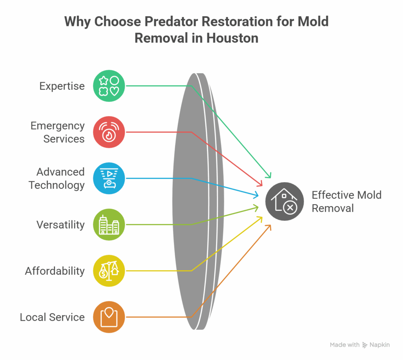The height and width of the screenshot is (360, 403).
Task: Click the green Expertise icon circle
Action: click(x=109, y=86)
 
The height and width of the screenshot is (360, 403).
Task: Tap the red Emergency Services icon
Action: click(x=109, y=132)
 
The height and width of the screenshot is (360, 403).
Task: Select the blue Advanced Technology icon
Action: click(x=109, y=178)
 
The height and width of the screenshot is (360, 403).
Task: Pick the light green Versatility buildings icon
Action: click(x=109, y=224)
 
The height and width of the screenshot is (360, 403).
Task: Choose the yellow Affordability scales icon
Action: click(x=109, y=271)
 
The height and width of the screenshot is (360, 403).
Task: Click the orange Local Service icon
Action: click(x=109, y=317)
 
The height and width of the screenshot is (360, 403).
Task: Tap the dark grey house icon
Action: click(x=285, y=201)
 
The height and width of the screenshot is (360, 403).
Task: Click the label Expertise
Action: click(x=62, y=86)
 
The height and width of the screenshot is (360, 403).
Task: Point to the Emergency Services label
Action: click(x=57, y=132)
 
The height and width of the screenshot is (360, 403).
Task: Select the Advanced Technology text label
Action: click(x=57, y=178)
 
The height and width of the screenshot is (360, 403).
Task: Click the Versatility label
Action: click(x=60, y=225)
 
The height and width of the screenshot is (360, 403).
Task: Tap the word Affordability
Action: click(x=55, y=271)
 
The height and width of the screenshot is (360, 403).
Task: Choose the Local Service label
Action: click(x=52, y=317)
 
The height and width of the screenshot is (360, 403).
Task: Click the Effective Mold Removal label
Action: click(x=346, y=201)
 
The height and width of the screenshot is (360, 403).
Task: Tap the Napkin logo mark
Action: click(x=365, y=345)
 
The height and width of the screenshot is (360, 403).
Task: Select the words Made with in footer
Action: click(x=344, y=345)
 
